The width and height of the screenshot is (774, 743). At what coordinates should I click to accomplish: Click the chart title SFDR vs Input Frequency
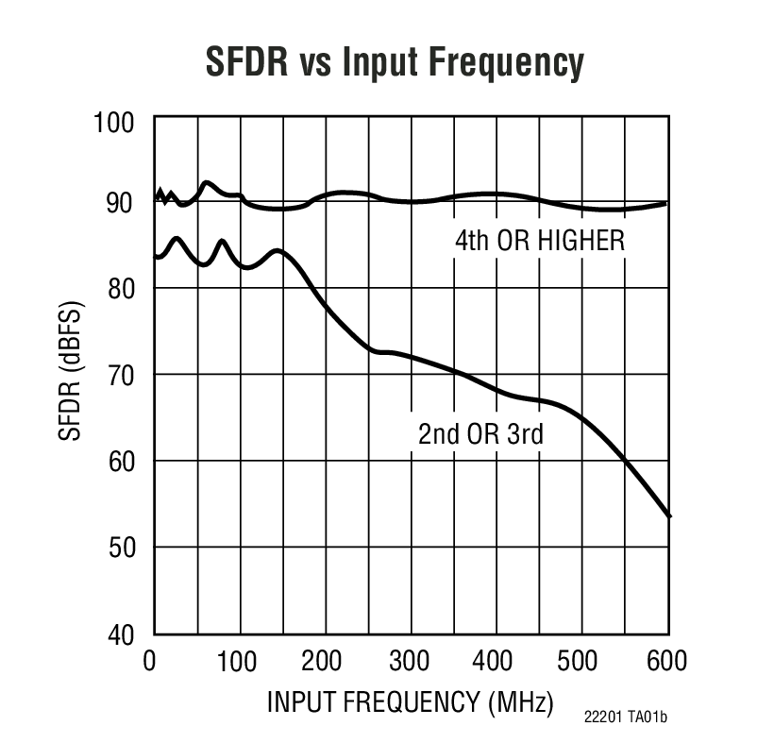point(395,63)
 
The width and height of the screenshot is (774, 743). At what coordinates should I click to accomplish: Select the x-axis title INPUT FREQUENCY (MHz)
point(410,702)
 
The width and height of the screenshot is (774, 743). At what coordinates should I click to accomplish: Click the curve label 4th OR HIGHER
point(540,241)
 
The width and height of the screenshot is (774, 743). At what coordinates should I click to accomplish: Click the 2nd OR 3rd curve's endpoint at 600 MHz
point(669,515)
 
